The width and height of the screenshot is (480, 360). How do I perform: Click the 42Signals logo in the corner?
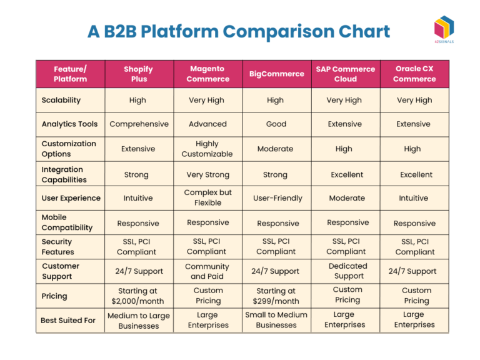coord(444,29)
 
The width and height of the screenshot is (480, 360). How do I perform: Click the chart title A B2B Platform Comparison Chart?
coord(239,31)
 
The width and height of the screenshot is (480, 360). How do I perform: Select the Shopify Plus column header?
coord(138,74)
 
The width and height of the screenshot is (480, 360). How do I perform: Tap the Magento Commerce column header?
coord(207,74)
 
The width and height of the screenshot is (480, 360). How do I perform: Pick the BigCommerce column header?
coord(276,74)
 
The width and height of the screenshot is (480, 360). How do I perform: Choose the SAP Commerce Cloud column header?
coord(345,74)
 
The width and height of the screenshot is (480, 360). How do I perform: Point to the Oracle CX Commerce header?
coord(414,74)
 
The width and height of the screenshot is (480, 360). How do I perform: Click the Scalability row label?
coord(61,100)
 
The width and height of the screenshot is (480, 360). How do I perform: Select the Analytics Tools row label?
coord(69,124)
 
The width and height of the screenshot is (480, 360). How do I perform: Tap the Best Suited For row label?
coord(68,320)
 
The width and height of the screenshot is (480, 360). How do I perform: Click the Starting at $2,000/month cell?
coord(138,296)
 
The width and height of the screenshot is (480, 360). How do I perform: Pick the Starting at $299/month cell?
coord(276,296)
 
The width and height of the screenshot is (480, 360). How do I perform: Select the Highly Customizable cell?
coord(207,149)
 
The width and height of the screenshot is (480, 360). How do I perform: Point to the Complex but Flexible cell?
coord(207,197)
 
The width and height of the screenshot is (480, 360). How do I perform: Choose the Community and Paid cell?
coord(207,271)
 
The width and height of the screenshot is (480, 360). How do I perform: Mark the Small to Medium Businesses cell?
coord(276,320)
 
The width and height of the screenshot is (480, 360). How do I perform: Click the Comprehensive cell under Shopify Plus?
coord(139,124)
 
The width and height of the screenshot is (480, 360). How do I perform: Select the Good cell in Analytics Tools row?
coord(276,124)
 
